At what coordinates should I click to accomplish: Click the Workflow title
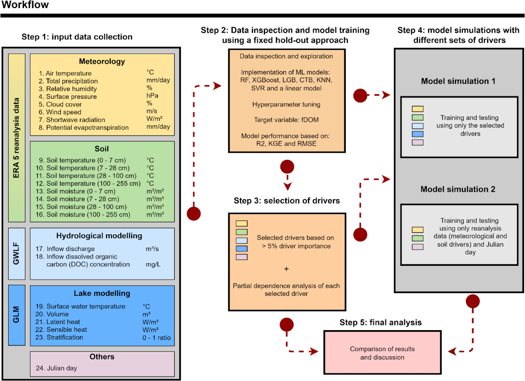(24, 5)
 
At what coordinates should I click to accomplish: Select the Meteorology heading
(102, 62)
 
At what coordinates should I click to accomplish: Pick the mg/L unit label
(153, 264)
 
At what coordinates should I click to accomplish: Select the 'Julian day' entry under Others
(57, 368)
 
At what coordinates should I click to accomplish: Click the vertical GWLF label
(17, 254)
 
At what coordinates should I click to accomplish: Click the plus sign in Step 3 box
(287, 269)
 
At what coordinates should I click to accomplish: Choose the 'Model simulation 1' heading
(458, 81)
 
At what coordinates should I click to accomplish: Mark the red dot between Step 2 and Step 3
(287, 167)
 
